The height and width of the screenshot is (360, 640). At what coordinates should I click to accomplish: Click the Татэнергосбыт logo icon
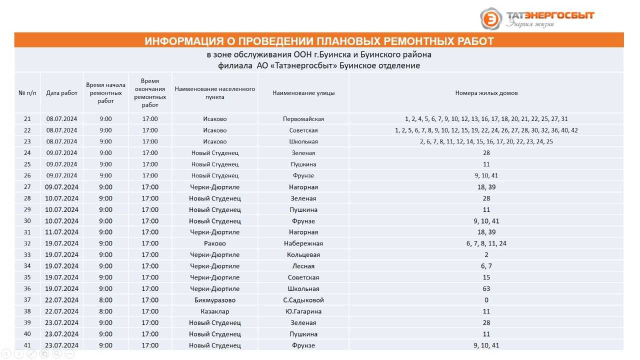point(491,19)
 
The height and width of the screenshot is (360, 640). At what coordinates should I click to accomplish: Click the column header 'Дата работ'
point(62,93)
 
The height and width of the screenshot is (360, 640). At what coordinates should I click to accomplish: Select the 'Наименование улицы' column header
point(303,93)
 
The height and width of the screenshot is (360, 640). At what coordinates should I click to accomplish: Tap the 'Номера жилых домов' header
point(486,93)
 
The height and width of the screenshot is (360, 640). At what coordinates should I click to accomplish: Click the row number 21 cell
point(27,119)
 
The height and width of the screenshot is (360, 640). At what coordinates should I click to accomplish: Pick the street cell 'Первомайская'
point(303,119)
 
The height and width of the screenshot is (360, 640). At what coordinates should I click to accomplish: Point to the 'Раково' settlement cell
point(215,243)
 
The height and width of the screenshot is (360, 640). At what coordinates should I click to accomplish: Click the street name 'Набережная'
point(303,243)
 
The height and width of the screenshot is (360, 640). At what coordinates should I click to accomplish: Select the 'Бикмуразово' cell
point(215,300)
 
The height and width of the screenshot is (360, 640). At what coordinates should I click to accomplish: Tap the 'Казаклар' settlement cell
point(215,311)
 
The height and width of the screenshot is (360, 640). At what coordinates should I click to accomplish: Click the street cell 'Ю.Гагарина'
point(303,311)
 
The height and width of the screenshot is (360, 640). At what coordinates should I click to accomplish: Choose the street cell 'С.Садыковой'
point(303,300)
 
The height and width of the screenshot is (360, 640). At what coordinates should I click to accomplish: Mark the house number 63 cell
point(486,288)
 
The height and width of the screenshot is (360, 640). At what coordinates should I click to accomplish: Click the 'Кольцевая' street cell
point(303,255)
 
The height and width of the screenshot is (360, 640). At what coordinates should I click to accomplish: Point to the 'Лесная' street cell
point(303,266)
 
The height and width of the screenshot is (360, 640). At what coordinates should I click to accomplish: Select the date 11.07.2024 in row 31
point(62,232)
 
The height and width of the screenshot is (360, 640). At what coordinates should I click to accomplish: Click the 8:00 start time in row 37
point(106,300)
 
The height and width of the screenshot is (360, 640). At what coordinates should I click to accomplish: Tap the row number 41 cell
point(27,345)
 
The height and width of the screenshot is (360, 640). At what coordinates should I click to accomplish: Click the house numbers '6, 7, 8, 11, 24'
point(486,243)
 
